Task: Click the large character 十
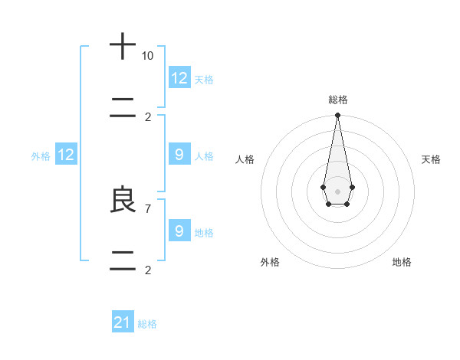[123, 47]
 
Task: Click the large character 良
[123, 201]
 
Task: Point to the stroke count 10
[148, 56]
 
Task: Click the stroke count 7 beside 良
[148, 208]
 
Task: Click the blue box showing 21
[123, 322]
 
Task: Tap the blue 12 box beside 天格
[179, 77]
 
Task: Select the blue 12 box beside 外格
[66, 155]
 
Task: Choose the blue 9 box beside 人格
[179, 155]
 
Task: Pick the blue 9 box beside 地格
[179, 231]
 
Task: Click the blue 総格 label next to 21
[147, 324]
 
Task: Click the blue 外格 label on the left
[41, 155]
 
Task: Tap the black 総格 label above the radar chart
[337, 100]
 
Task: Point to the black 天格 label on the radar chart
[431, 159]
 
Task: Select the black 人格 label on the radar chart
[245, 159]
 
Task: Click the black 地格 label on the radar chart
[402, 262]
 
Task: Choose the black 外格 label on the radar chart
[270, 262]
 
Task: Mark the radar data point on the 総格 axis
[337, 116]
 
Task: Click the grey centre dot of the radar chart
[337, 191]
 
